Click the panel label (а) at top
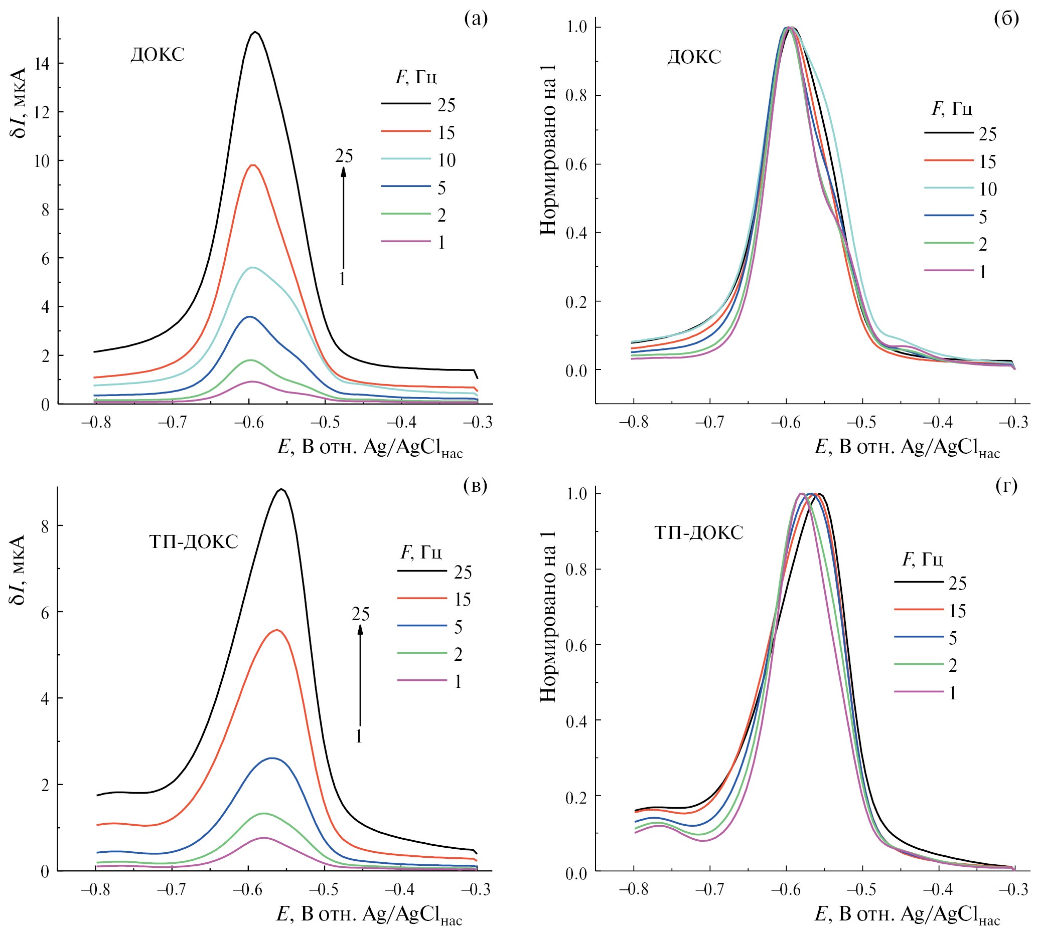coord(475,19)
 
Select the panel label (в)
coord(475,486)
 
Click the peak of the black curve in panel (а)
coord(255,33)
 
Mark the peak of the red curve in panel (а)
coord(252,165)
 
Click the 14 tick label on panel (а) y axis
coord(42,64)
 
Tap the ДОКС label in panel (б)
coord(694,57)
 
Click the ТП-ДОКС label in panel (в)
coord(194,542)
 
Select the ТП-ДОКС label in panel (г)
coord(698,532)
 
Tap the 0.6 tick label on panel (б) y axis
coord(576,164)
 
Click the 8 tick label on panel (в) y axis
coord(45,526)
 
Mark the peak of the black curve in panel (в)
coord(281,489)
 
